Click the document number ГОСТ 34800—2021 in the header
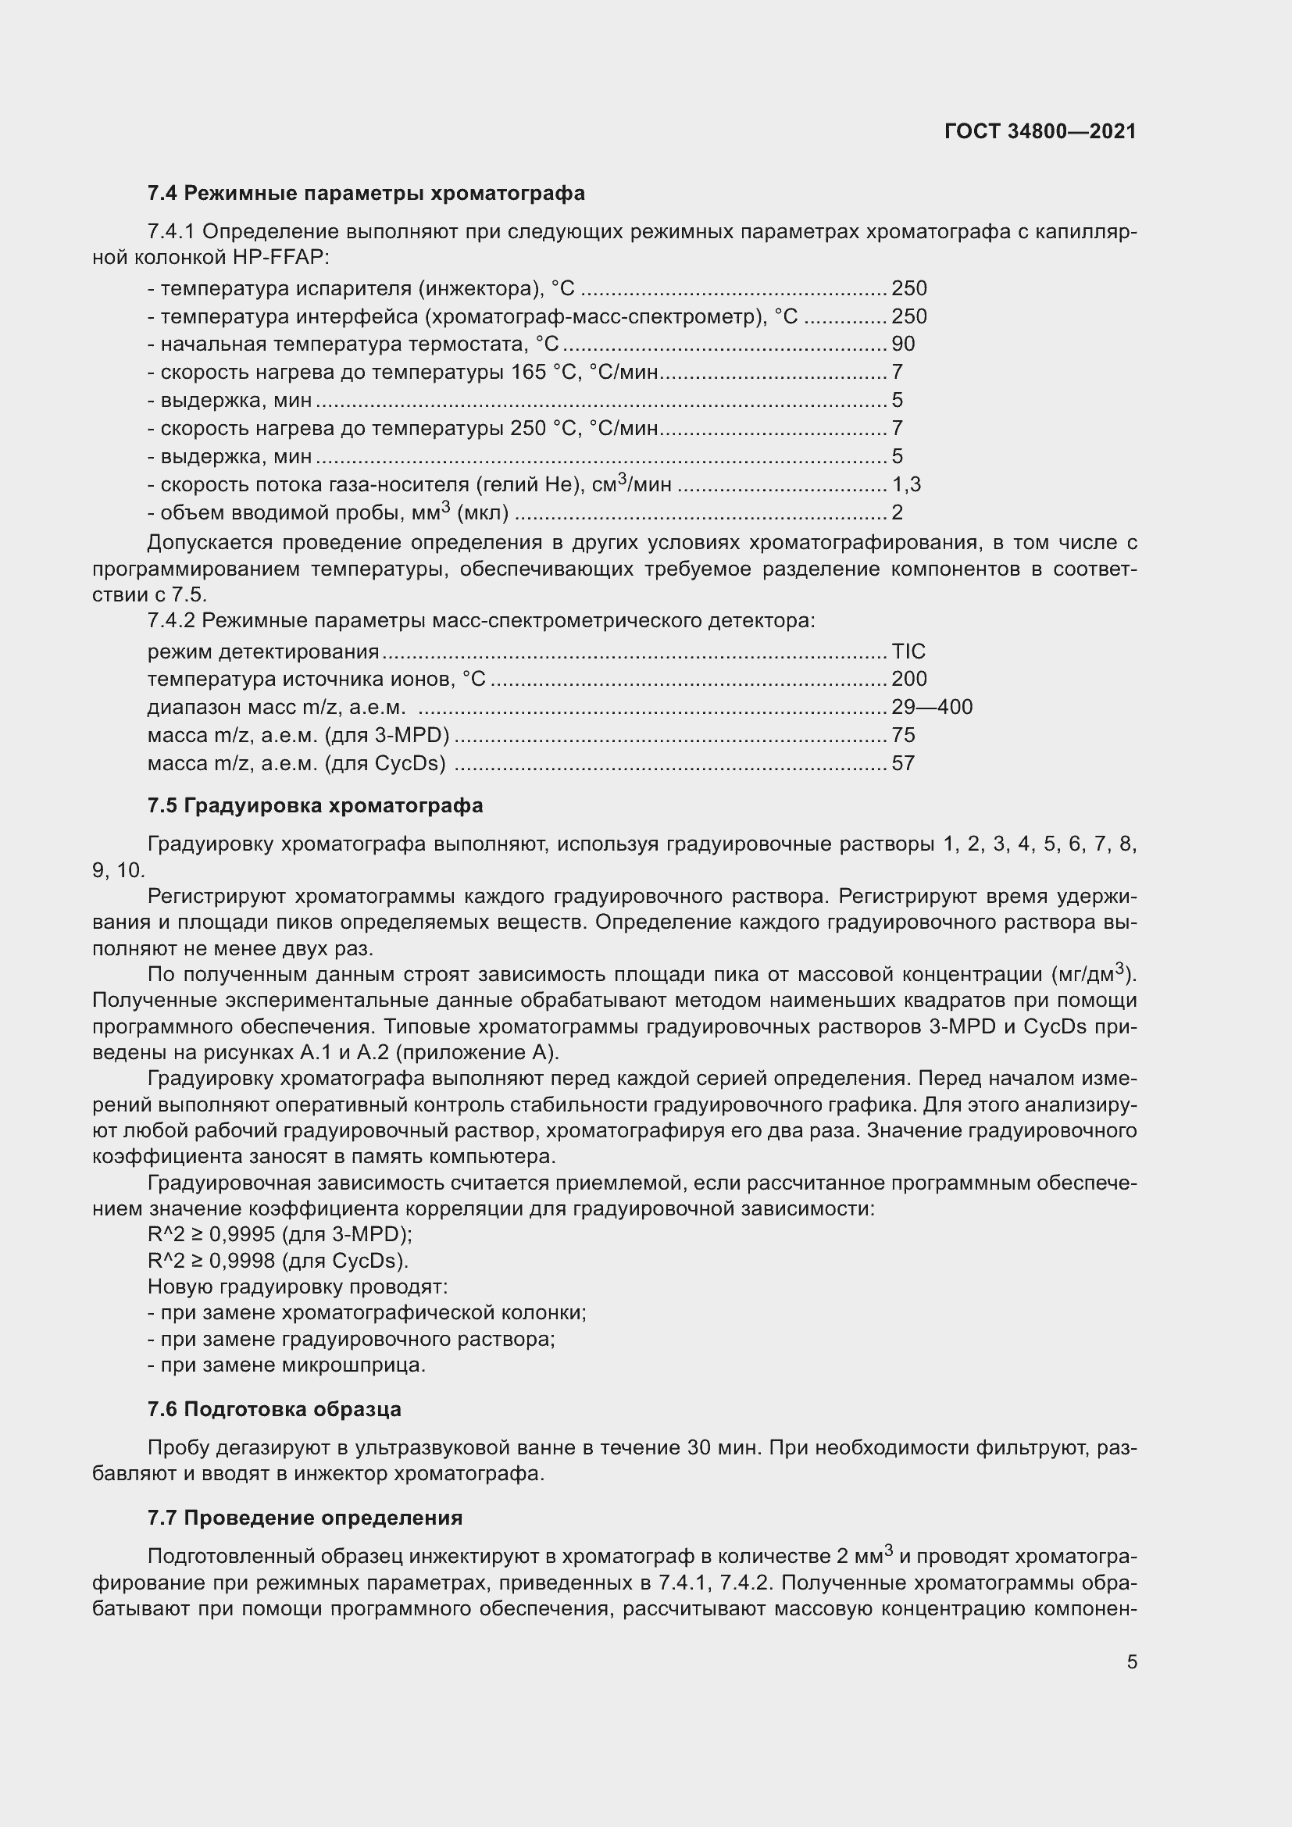(1040, 131)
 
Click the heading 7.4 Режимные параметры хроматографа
(366, 194)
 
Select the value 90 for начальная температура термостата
(903, 344)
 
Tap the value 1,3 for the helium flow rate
(906, 484)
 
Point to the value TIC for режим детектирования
(908, 651)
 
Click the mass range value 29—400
(932, 708)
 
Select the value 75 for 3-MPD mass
(903, 735)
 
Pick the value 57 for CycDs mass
(903, 764)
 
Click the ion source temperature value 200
(908, 679)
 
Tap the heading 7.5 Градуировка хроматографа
(315, 805)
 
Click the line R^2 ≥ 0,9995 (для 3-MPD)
(280, 1234)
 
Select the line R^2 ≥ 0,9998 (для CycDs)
(278, 1261)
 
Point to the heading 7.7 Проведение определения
(305, 1518)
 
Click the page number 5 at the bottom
(1131, 1661)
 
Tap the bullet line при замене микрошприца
(287, 1365)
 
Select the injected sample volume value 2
(898, 512)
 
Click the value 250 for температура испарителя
(908, 288)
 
